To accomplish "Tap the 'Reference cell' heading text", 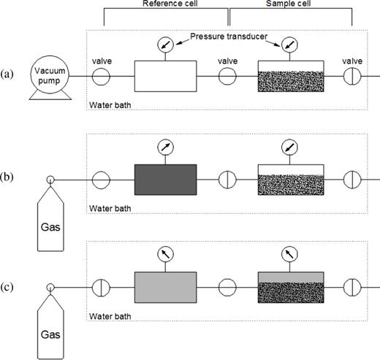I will coord(166,4).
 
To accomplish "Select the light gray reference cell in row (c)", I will coord(166,285).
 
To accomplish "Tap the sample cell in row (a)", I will coord(291,76).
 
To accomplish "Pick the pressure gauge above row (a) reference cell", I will coord(166,45).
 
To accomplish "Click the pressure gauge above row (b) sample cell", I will coord(291,148).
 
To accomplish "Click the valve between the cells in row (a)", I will coord(227,76).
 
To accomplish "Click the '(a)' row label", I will coord(8,74).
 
